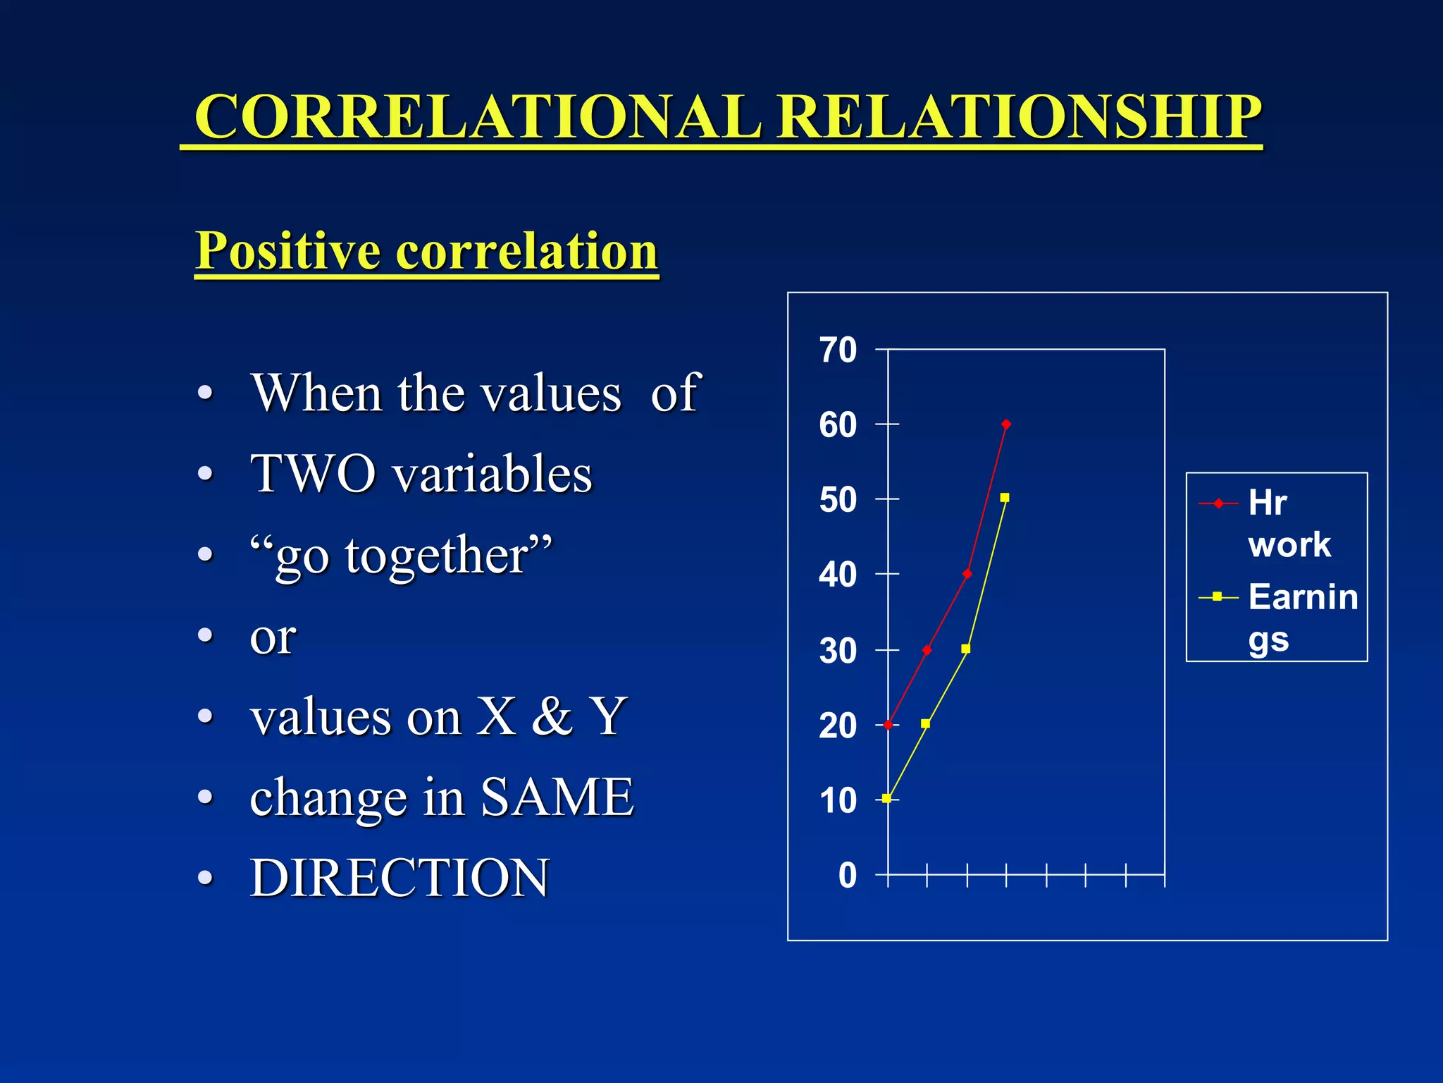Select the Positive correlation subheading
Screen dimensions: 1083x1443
coord(426,251)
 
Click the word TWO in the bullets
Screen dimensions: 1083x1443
coord(313,473)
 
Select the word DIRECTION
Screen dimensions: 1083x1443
coord(400,878)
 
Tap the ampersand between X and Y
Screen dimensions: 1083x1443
coord(552,716)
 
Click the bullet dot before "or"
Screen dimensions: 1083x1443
coord(205,636)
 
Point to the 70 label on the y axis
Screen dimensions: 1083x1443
coord(838,350)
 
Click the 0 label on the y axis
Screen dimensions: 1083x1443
coord(847,876)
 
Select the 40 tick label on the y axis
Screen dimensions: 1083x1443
coord(838,575)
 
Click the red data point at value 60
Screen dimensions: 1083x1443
coord(1006,424)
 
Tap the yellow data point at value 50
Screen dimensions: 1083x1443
coord(1005,498)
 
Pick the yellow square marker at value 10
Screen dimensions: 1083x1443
coord(887,799)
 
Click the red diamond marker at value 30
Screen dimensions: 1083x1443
coord(927,650)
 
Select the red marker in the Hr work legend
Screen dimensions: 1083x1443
coord(1218,503)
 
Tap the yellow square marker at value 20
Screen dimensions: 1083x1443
coord(926,723)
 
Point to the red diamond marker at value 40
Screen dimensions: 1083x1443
coord(967,574)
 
